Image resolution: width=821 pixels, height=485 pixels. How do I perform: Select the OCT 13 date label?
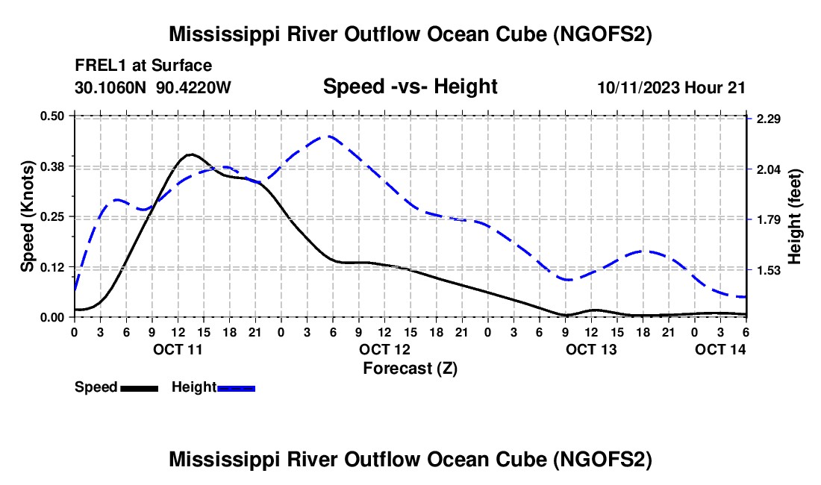point(591,349)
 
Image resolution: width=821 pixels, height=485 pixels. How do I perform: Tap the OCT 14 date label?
point(720,349)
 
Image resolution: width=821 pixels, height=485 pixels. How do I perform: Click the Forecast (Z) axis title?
point(410,368)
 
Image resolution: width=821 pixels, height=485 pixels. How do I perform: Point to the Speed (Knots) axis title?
point(28,216)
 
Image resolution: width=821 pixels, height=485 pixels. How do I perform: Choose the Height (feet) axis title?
point(795,216)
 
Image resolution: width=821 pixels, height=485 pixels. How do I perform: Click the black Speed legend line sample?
point(139,388)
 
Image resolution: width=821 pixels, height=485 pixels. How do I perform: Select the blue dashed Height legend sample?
point(237,388)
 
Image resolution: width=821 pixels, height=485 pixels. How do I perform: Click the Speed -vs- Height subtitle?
point(410,87)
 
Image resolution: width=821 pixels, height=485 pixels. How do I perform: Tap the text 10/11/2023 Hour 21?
point(671,88)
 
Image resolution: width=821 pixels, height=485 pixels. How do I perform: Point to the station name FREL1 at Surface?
point(143,66)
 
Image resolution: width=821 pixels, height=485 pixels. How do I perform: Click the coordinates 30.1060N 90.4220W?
point(153,88)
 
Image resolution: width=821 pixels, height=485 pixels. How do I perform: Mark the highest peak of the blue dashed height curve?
point(327,137)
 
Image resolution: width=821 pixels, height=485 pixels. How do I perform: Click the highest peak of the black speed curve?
point(191,154)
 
